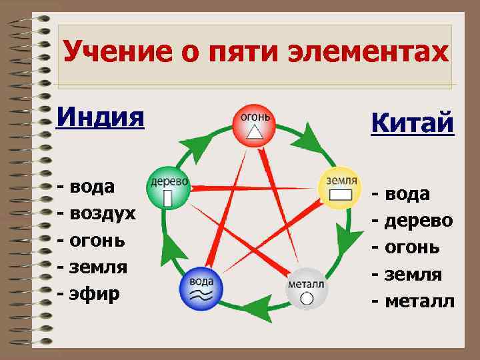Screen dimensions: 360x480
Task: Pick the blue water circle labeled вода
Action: click(201, 288)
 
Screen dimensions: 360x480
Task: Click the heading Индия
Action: click(100, 118)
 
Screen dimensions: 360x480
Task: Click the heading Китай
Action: click(413, 123)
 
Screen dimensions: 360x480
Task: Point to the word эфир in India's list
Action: click(93, 293)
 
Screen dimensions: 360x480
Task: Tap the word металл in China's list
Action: click(418, 301)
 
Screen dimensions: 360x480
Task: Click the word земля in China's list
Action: click(414, 274)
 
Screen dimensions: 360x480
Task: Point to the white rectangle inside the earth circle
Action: click(341, 195)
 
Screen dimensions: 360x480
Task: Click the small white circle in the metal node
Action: click(306, 298)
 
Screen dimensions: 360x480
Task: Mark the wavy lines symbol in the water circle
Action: click(201, 295)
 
